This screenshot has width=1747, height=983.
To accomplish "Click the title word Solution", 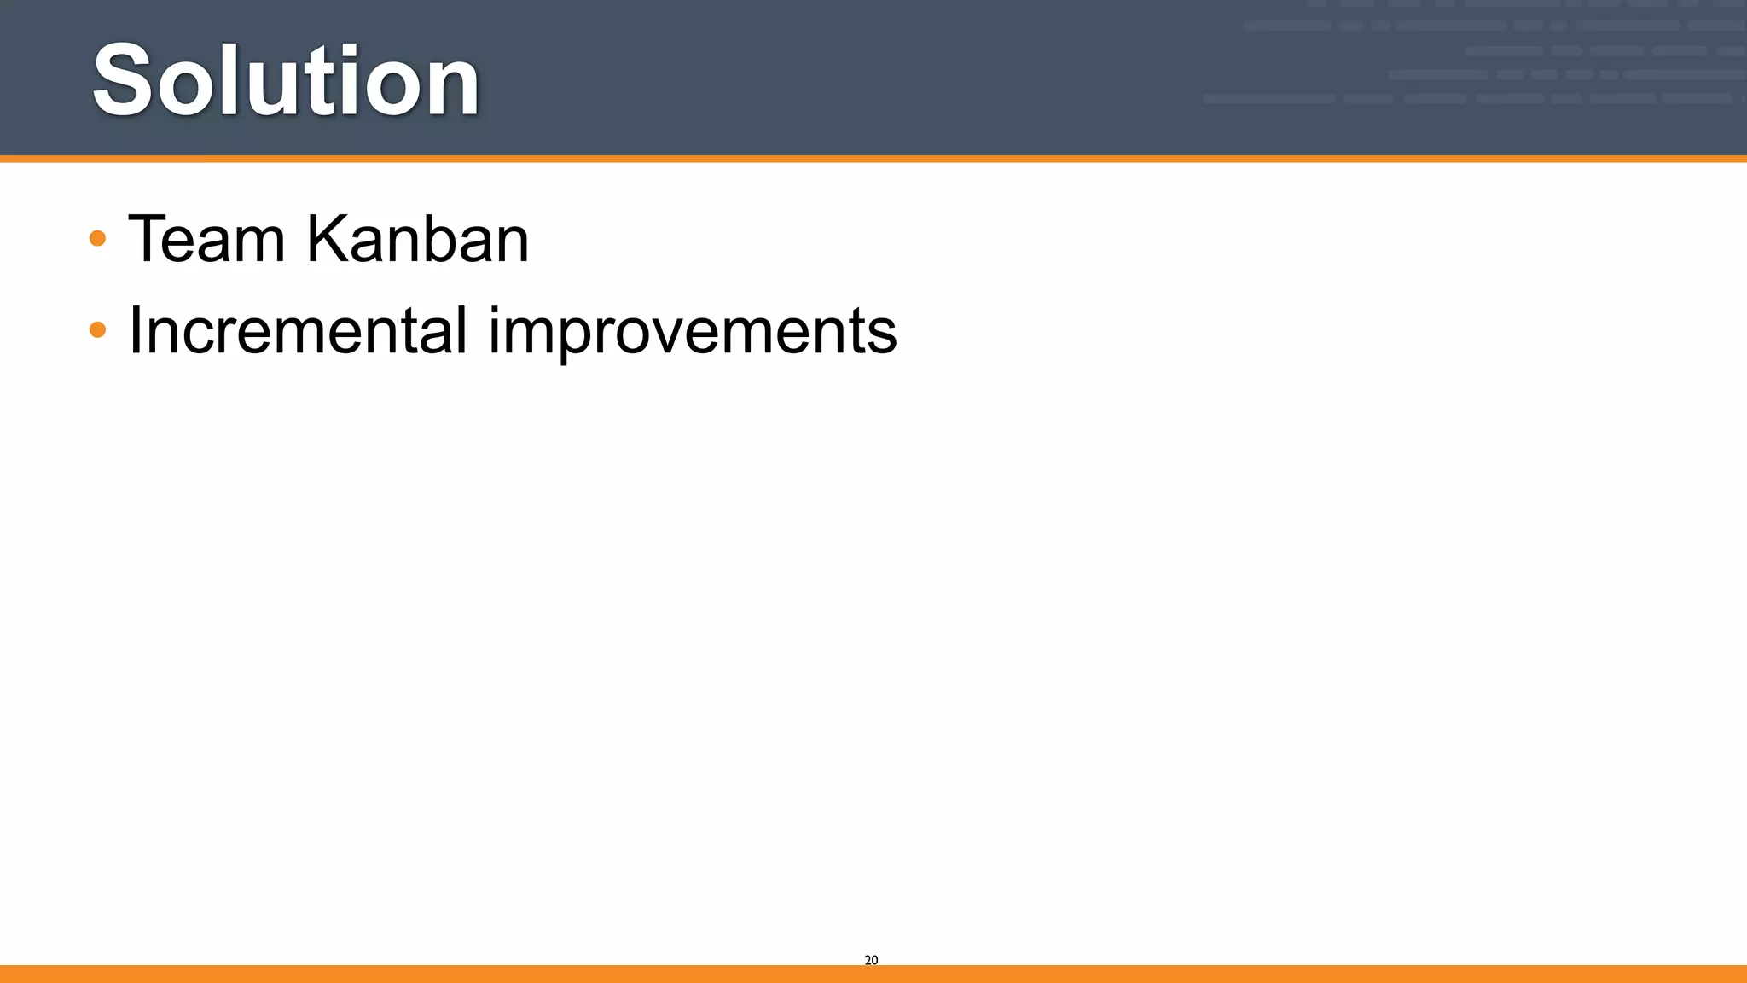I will [286, 81].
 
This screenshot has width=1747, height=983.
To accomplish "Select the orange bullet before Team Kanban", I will [97, 238].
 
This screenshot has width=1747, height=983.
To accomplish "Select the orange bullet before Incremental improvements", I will [97, 329].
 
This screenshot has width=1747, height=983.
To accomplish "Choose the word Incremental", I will [298, 330].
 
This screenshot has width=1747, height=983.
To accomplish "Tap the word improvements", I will [692, 332].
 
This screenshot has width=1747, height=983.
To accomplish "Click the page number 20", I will [871, 960].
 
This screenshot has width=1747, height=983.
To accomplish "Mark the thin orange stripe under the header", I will [873, 159].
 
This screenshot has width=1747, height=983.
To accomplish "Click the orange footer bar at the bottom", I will [873, 974].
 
